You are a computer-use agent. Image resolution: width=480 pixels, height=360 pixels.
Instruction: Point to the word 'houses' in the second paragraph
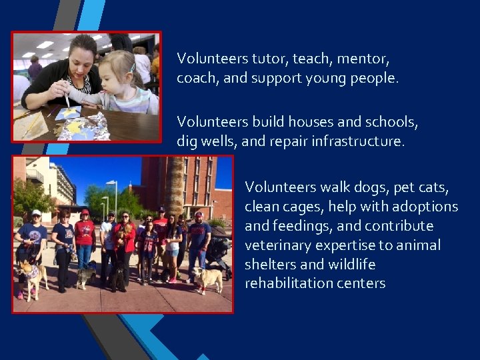[x=309, y=122]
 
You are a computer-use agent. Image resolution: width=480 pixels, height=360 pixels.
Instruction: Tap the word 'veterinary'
[x=277, y=245]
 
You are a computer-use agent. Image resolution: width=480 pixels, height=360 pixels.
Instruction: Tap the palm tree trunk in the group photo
[x=175, y=187]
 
